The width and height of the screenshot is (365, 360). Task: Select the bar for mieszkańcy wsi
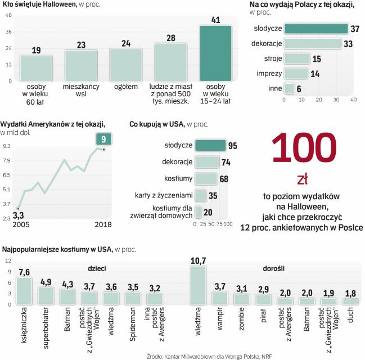click(81, 65)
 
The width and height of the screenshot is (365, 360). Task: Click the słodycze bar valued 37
click(316, 29)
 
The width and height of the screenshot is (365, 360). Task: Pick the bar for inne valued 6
click(289, 88)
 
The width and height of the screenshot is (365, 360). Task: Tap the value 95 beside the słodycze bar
click(233, 146)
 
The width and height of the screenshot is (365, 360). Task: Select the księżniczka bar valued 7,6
click(24, 290)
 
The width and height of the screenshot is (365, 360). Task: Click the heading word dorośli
click(273, 269)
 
